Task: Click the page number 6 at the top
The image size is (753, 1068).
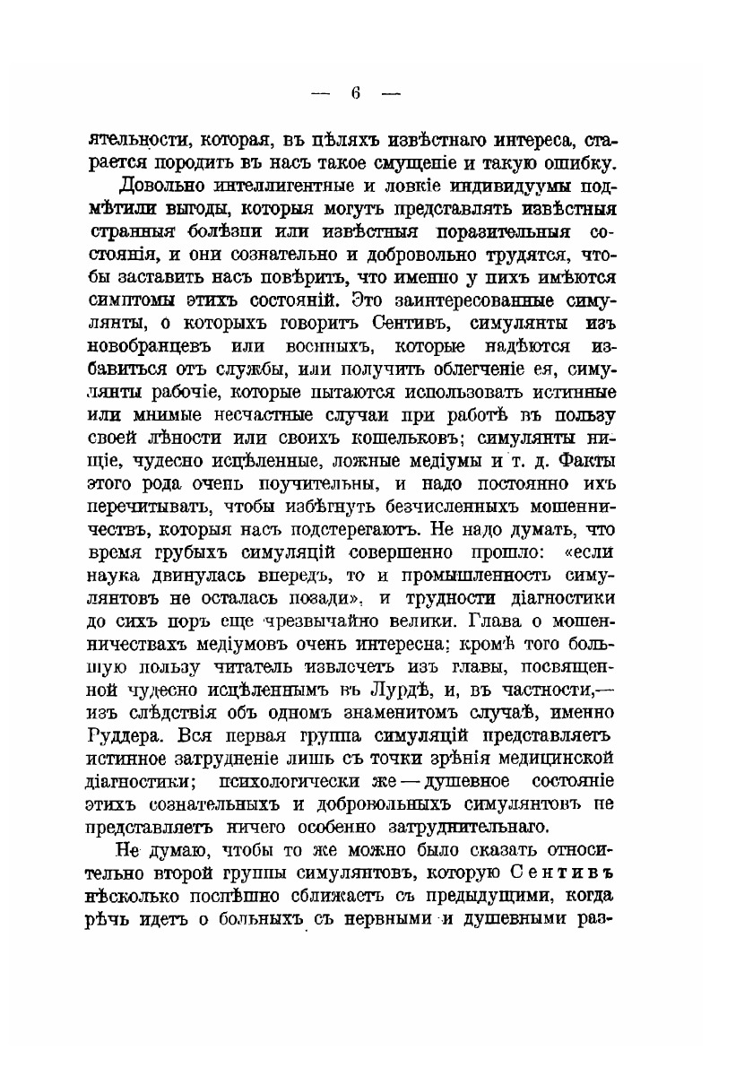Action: click(x=355, y=92)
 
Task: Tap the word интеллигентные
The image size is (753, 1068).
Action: click(x=289, y=187)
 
